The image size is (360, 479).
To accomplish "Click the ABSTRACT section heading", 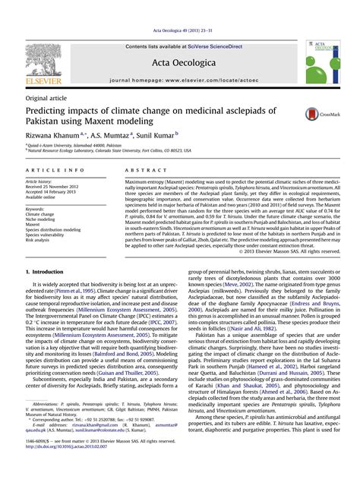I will tap(140, 172).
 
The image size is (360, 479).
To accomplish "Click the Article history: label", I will tap(39, 183).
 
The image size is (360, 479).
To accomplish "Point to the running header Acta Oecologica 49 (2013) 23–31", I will tap(180, 31).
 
